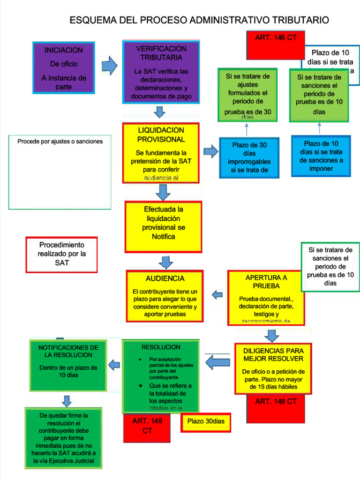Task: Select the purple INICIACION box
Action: pyautogui.click(x=64, y=67)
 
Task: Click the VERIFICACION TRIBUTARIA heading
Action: pyautogui.click(x=161, y=53)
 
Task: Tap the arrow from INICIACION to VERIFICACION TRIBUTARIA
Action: pyautogui.click(x=109, y=66)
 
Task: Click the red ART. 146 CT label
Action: pyautogui.click(x=276, y=38)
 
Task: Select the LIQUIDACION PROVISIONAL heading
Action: pyautogui.click(x=161, y=135)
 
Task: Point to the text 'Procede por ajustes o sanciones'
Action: pyautogui.click(x=60, y=141)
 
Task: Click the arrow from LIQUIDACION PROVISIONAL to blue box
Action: pyautogui.click(x=211, y=151)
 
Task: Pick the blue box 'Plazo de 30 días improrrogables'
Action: pyautogui.click(x=249, y=157)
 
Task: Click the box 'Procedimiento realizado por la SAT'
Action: pyautogui.click(x=62, y=254)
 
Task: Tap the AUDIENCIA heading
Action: pyautogui.click(x=165, y=278)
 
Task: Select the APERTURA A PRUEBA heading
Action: pyautogui.click(x=266, y=281)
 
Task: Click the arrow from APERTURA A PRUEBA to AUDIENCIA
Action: pyautogui.click(x=217, y=294)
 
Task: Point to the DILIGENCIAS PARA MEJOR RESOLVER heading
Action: pyautogui.click(x=273, y=354)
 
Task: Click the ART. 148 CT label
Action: pyautogui.click(x=276, y=402)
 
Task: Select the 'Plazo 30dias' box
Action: pyautogui.click(x=206, y=421)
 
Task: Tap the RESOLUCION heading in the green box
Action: pyautogui.click(x=161, y=347)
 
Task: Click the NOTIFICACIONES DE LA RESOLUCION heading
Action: pyautogui.click(x=68, y=351)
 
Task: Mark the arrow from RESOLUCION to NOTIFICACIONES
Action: pyautogui.click(x=114, y=364)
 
